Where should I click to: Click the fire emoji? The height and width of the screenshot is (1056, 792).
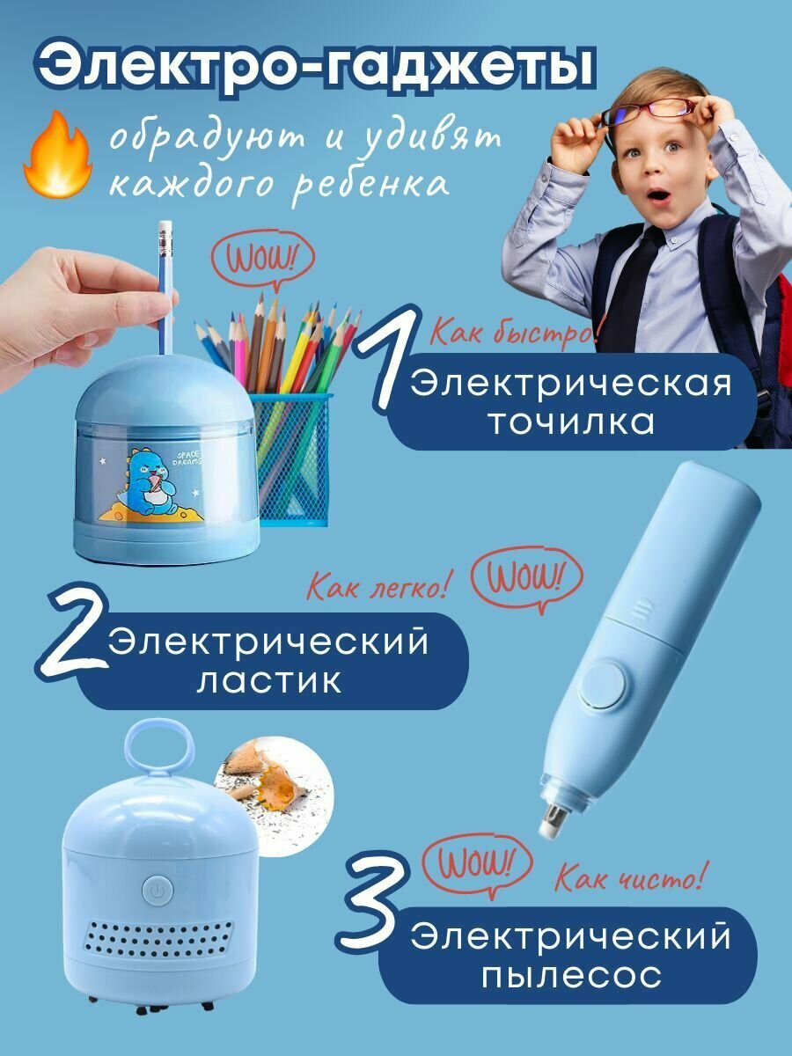58,155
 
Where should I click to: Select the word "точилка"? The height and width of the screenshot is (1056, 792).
571,422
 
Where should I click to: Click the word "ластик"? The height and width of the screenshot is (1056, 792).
268,680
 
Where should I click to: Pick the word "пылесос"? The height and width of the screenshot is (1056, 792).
571,962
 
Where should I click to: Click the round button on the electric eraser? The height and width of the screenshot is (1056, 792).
604,685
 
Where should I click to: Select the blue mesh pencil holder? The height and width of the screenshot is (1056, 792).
291,457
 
